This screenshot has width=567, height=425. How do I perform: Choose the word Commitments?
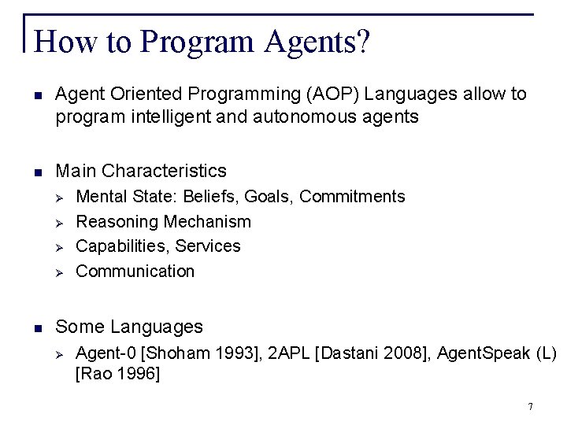click(353, 196)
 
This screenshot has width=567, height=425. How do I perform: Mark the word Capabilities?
click(121, 246)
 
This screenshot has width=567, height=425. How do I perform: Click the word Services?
click(208, 246)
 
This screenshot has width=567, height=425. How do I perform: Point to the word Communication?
click(135, 272)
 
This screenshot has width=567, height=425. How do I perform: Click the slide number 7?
click(531, 407)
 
